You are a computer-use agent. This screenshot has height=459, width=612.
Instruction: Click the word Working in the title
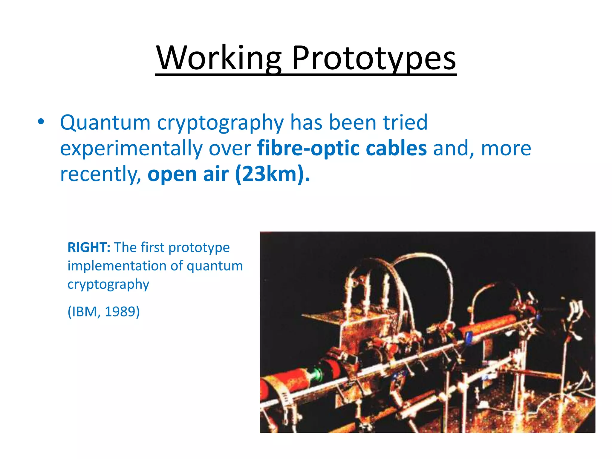click(x=219, y=58)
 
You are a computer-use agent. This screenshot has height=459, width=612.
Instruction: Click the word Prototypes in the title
click(x=374, y=58)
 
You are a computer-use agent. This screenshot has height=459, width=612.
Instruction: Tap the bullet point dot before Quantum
click(x=41, y=122)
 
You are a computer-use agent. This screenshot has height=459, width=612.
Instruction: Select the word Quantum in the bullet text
click(x=105, y=123)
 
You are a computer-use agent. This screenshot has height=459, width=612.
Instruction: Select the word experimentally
click(x=131, y=149)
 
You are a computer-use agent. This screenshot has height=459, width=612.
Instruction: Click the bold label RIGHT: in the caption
click(x=89, y=247)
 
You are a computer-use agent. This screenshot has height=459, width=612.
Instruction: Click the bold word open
click(x=172, y=175)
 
